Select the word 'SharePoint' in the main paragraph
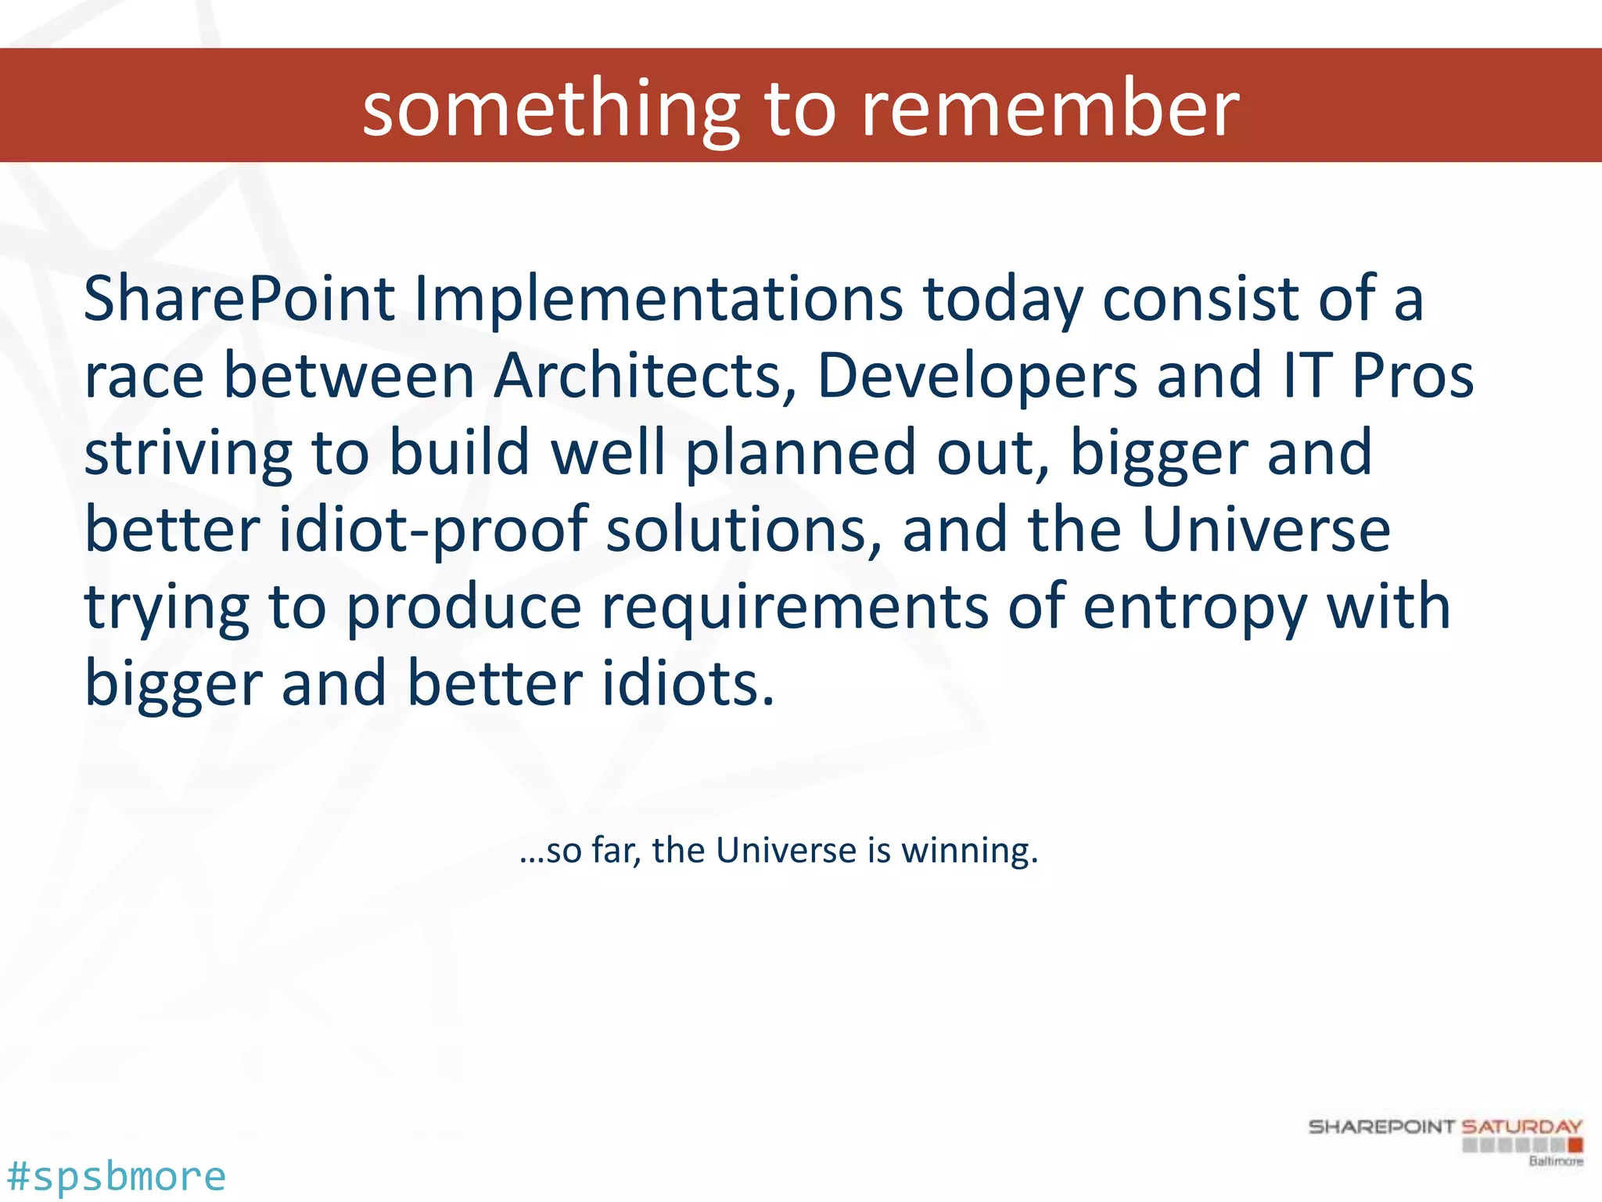239,299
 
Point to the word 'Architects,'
645,376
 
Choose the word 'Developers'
977,376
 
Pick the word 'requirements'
794,606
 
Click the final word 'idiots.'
688,683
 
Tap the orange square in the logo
1575,1146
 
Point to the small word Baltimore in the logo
1555,1161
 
